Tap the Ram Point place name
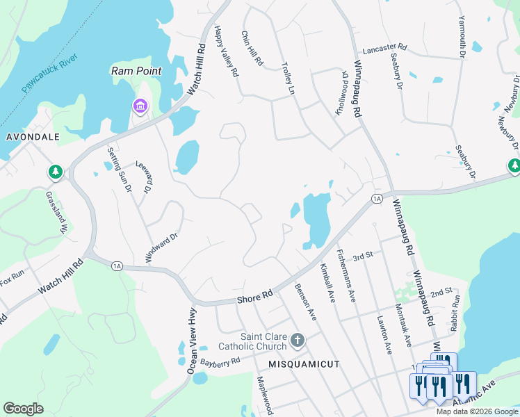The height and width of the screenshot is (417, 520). (136, 71)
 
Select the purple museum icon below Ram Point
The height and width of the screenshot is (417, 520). (140, 106)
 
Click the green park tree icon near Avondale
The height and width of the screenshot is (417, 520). (55, 171)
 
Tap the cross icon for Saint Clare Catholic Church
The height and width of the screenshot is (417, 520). (298, 340)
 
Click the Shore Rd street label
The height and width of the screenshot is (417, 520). (254, 296)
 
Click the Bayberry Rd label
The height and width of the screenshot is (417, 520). (220, 361)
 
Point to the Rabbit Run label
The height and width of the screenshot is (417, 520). (455, 312)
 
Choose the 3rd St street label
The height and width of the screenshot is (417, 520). (363, 255)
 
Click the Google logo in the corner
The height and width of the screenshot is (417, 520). (23, 409)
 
